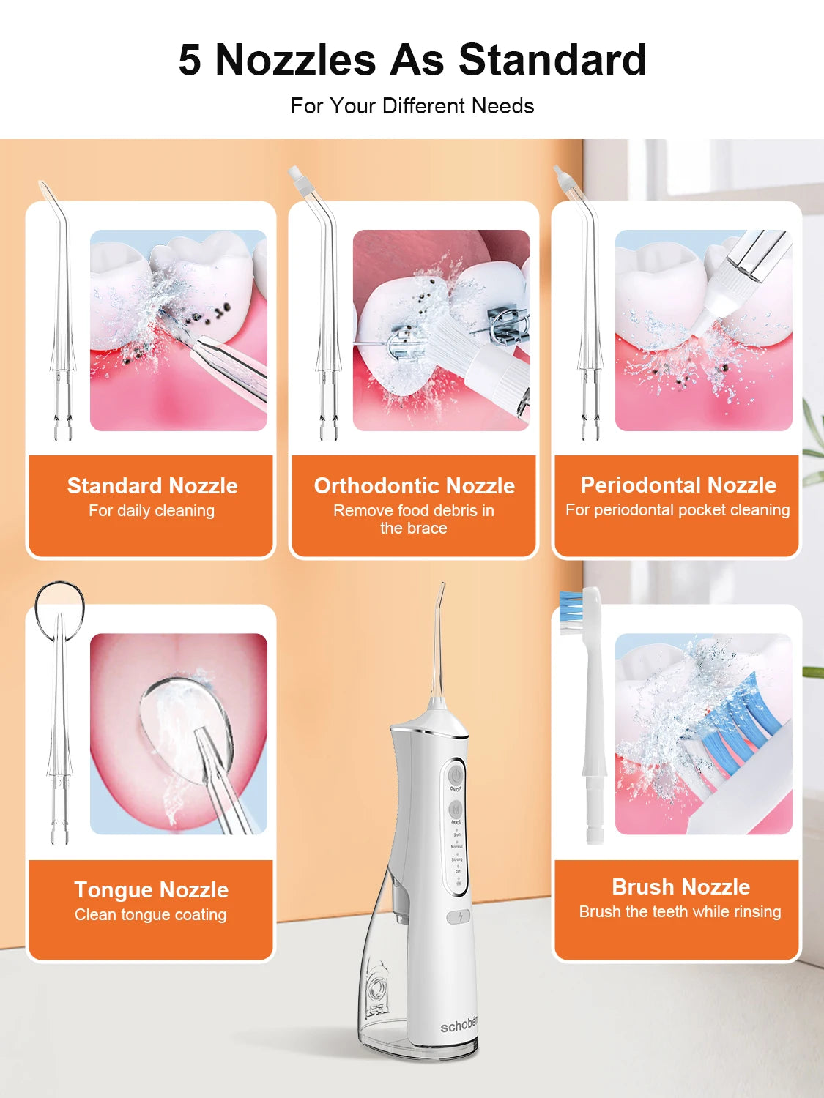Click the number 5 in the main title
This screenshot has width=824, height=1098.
pos(190,60)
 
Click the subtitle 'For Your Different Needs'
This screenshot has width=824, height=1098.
pos(412,106)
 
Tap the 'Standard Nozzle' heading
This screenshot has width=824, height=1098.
pos(152,486)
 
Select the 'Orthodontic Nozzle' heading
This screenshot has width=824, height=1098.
pos(415,486)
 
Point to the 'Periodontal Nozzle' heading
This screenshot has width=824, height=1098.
pos(678,485)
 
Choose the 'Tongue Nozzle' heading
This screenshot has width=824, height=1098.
pos(152,890)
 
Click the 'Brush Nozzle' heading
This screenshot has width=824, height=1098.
pos(680,887)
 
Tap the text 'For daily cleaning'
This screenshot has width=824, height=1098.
pos(152,511)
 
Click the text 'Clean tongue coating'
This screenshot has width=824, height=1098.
pos(151,915)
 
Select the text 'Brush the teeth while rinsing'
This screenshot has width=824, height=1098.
pos(680,912)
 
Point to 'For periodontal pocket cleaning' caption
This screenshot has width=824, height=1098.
pos(678,510)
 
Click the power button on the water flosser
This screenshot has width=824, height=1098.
pos(456,774)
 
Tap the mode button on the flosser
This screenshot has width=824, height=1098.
pos(456,810)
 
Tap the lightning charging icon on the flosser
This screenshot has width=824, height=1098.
pos(459,916)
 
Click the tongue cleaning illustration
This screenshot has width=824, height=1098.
pos(179,733)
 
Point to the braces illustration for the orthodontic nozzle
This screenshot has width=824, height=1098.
pos(442,330)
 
